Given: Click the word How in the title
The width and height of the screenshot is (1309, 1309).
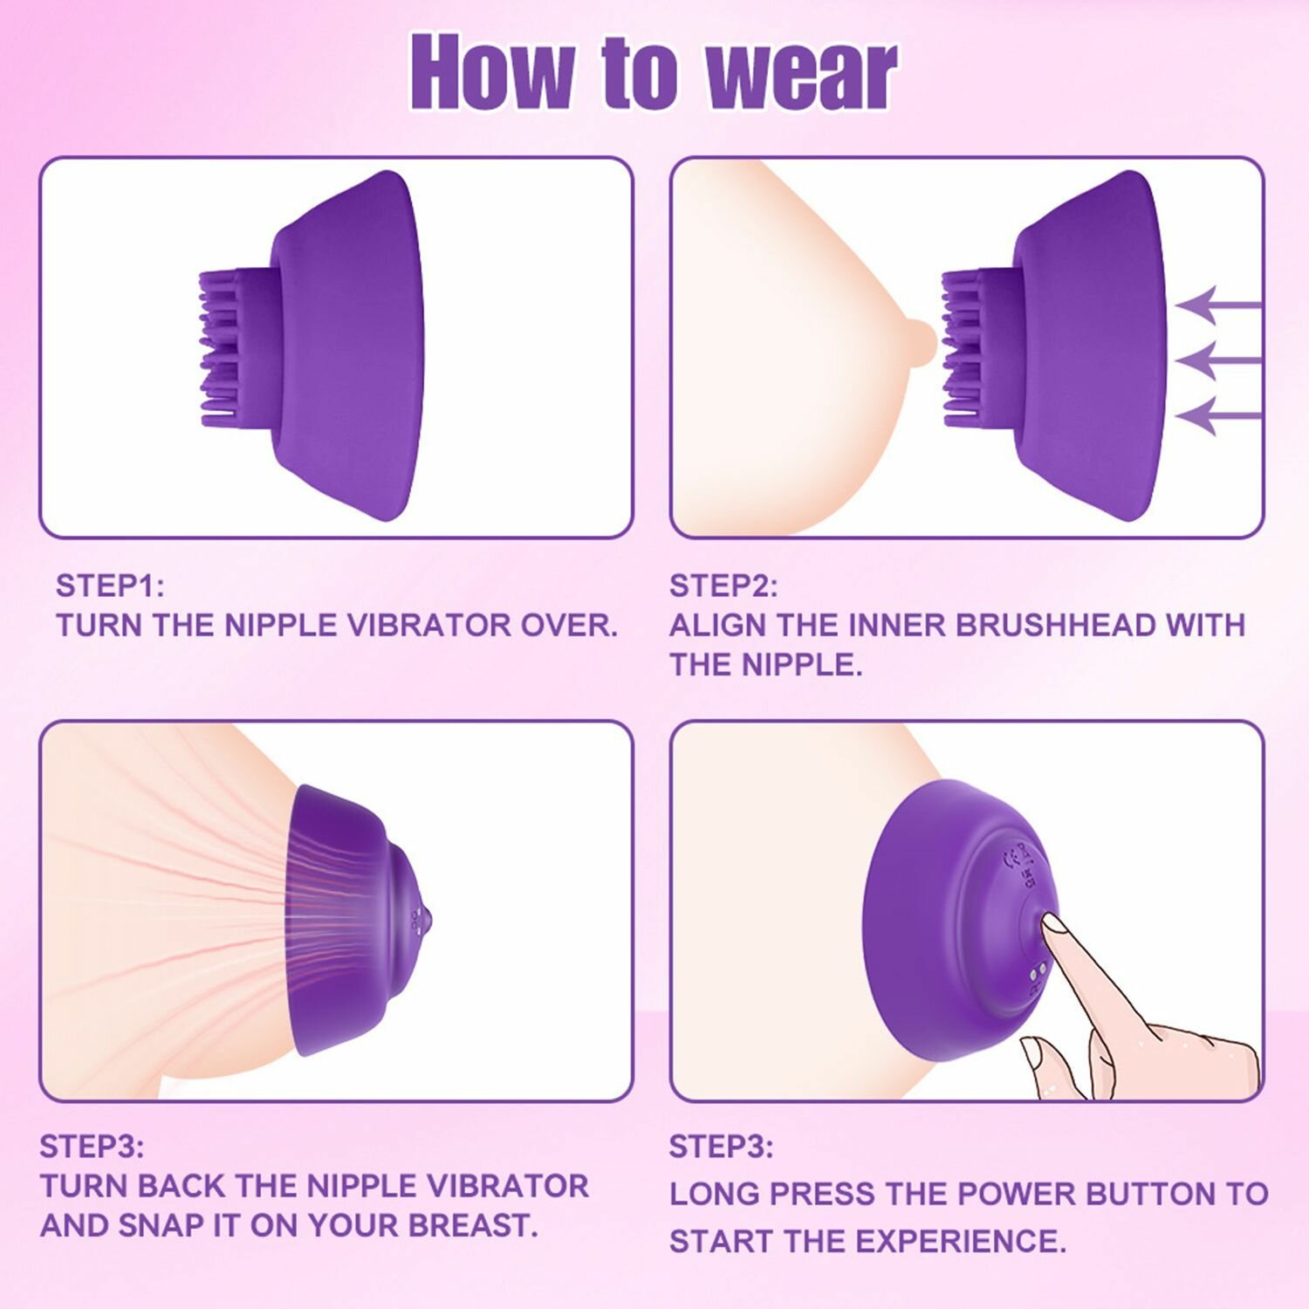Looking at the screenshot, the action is [x=493, y=72].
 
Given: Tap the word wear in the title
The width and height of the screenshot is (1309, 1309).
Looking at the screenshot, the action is [x=801, y=73].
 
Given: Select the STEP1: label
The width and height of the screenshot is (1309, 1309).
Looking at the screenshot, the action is [x=110, y=586].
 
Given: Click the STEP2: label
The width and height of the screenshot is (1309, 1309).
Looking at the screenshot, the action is [x=723, y=586].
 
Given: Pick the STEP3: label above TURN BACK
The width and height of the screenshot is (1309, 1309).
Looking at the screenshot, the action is [x=93, y=1146].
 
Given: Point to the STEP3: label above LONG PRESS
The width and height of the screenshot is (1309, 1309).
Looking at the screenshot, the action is [x=722, y=1146].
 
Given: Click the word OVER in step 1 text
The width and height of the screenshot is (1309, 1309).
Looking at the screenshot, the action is [x=569, y=626].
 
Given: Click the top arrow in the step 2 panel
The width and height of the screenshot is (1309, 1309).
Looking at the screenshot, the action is [x=1218, y=305].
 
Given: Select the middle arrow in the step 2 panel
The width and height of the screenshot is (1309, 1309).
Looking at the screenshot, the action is [x=1218, y=360].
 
